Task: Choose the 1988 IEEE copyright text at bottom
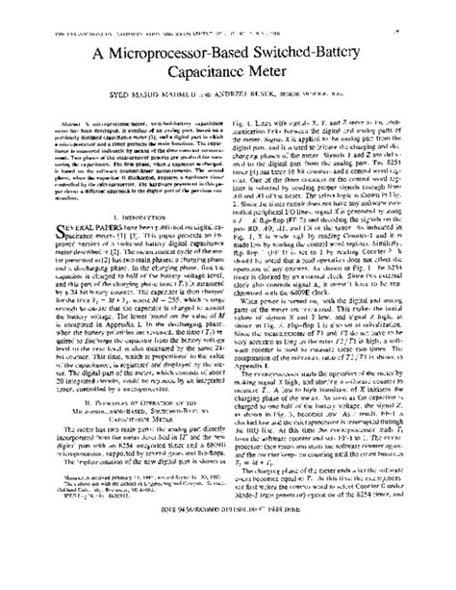pyautogui.click(x=227, y=560)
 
